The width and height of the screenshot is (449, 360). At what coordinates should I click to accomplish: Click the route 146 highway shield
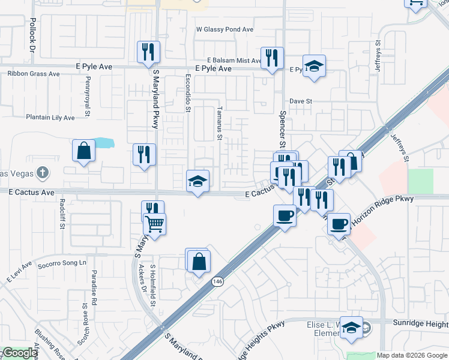coord(217,281)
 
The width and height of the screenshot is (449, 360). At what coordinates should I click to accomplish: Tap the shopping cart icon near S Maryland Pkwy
coord(155,225)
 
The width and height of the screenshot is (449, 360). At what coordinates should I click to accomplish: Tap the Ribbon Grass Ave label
coord(34,74)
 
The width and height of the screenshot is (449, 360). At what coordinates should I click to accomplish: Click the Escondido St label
coord(188,93)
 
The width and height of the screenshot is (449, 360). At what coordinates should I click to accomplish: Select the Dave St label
coord(301,101)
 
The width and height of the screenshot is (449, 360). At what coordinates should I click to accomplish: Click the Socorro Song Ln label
coord(62,263)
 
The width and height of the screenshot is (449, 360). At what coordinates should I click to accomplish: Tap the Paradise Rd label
coord(94,289)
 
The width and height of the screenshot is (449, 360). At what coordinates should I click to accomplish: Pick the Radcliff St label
coord(62,215)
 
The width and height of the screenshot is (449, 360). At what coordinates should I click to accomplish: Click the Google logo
coord(19,353)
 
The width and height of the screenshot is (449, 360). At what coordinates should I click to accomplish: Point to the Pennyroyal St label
coord(88,95)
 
